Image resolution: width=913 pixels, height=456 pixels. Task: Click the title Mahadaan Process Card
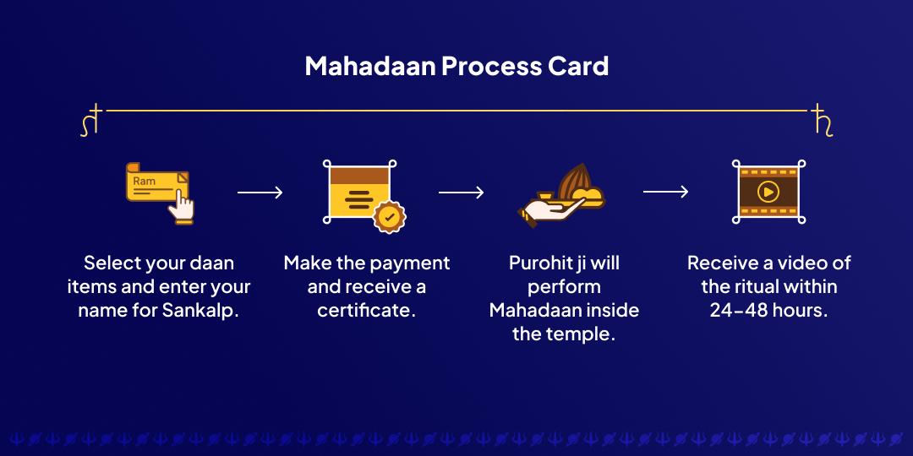(456, 66)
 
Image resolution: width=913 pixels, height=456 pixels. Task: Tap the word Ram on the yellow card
(145, 182)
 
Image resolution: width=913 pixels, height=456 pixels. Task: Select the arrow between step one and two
(260, 193)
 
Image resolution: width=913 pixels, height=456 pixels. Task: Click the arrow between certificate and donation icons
(461, 193)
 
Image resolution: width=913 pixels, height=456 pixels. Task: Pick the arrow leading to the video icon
(665, 193)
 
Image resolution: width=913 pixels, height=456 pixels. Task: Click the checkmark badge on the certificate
(389, 216)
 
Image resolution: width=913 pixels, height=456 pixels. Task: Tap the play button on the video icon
(768, 193)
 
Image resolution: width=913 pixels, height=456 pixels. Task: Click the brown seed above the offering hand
(576, 179)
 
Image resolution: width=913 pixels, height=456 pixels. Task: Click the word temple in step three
(582, 334)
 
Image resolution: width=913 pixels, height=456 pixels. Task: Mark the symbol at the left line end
(91, 119)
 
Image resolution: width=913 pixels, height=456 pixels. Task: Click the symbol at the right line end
(821, 119)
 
